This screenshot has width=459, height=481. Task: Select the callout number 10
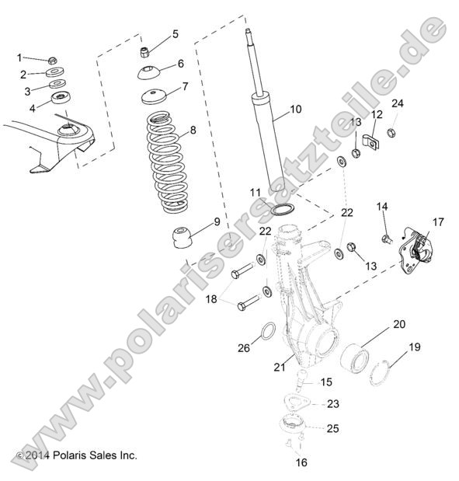(x=294, y=110)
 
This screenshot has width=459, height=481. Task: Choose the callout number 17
(x=439, y=221)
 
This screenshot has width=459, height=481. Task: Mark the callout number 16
(x=301, y=462)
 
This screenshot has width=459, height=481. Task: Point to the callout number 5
(x=175, y=33)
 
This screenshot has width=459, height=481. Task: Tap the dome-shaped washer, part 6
(x=149, y=75)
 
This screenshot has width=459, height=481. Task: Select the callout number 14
(x=381, y=206)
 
